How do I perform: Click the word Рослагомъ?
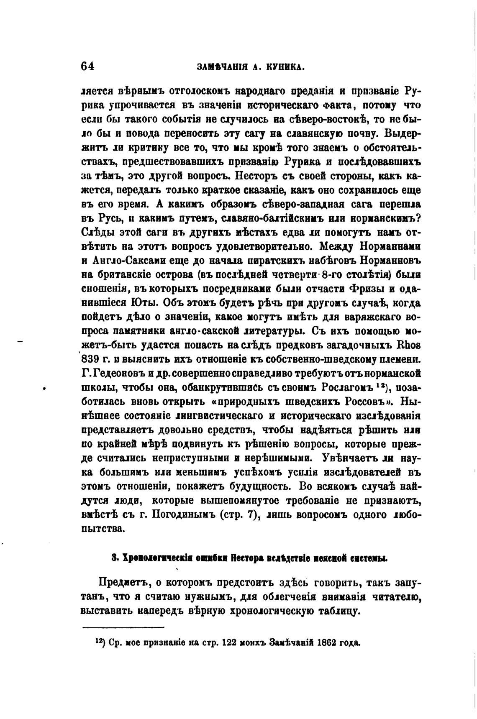tap(349, 388)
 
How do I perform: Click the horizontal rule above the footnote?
tap(123, 627)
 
